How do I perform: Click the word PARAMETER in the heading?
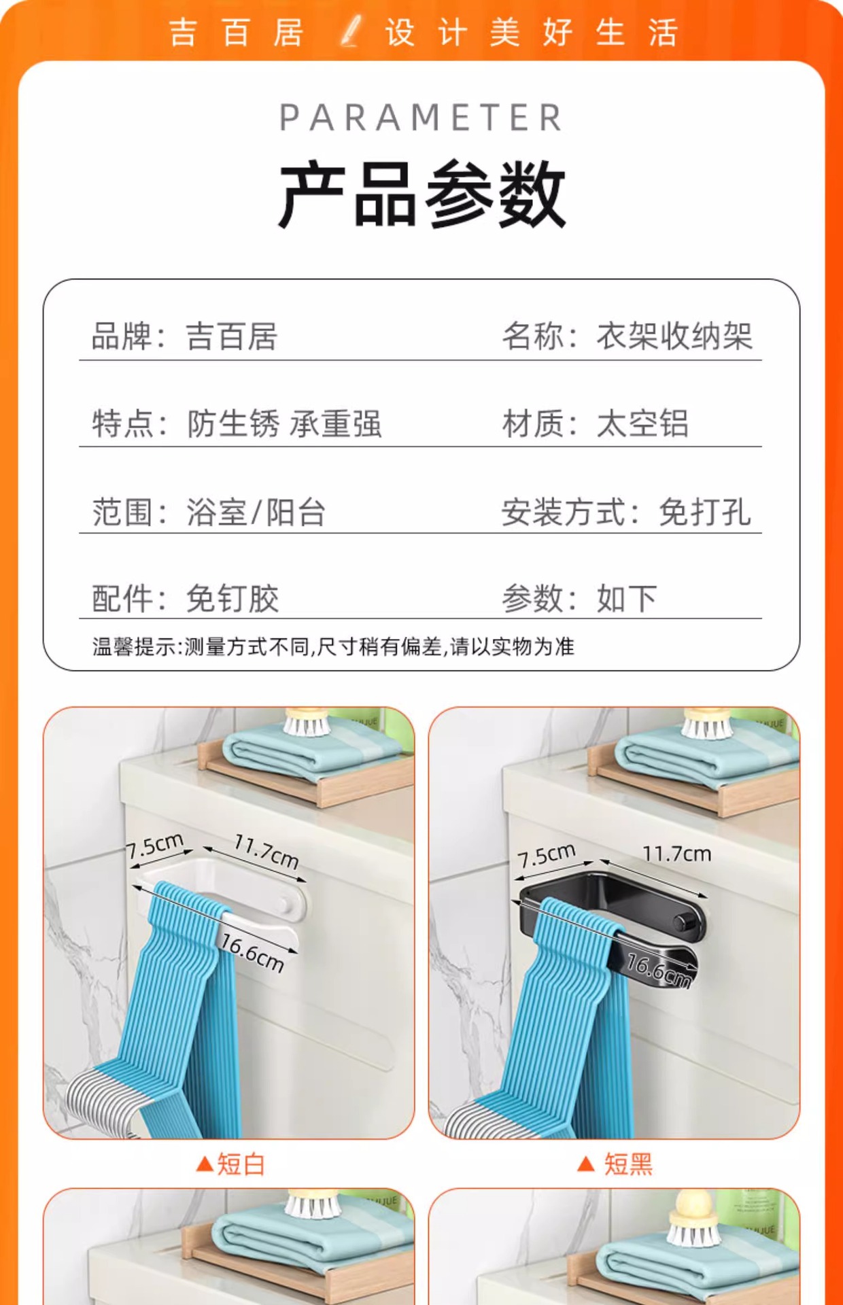tap(421, 118)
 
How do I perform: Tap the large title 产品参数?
tap(421, 195)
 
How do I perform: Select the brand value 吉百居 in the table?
tap(232, 336)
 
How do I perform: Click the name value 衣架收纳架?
tap(674, 336)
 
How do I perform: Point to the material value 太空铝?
tap(642, 423)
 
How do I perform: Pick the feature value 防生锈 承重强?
tap(284, 423)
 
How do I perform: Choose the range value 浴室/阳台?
tap(256, 512)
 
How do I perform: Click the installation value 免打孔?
tap(705, 512)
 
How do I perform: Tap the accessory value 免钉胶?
tap(233, 598)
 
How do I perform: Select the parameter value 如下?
tap(627, 598)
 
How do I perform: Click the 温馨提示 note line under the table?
tap(333, 646)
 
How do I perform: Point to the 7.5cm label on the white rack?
tap(156, 846)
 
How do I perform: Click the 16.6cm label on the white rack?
tap(252, 953)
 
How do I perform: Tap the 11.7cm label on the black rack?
tap(677, 854)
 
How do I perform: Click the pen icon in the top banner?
tap(351, 31)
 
